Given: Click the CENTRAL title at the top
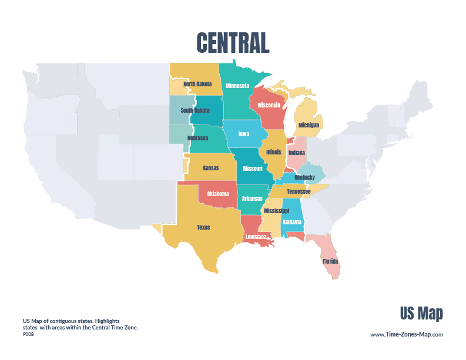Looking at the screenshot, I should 232,43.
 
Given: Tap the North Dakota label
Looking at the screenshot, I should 197,84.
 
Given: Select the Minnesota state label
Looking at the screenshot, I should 237,86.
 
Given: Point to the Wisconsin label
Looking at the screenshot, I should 269,105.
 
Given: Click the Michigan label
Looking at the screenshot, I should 309,125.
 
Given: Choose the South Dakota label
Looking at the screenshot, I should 195,110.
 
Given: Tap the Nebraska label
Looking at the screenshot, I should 197,138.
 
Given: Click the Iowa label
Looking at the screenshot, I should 243,134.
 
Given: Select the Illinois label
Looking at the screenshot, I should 273,152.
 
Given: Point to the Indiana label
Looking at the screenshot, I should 297,153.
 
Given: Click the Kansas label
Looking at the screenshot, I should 210,168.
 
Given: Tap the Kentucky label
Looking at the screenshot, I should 304,177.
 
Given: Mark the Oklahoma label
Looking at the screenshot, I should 217,194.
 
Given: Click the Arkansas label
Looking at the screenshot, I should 252,198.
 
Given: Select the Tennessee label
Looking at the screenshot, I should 299,191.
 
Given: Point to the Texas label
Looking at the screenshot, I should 203,227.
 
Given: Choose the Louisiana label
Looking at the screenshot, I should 256,237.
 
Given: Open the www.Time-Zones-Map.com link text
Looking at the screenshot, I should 406,334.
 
